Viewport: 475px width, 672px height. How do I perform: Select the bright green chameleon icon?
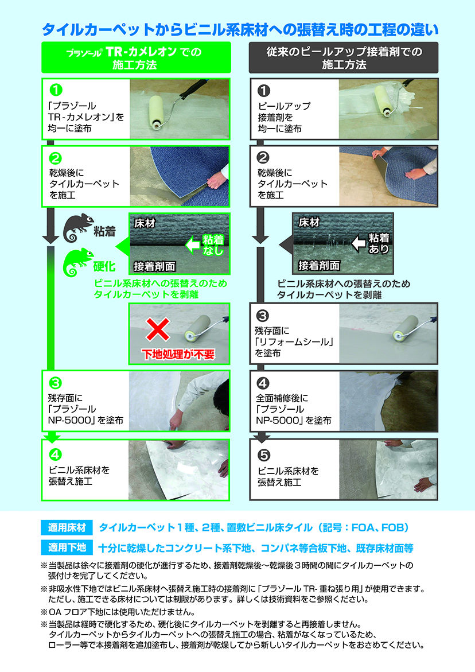[77, 262]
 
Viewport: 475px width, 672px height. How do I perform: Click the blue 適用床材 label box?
[67, 527]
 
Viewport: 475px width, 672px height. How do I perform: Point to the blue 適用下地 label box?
[67, 547]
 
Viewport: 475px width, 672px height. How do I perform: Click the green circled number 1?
[56, 90]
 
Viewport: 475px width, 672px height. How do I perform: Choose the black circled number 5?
[264, 455]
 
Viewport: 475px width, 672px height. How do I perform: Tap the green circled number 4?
[56, 455]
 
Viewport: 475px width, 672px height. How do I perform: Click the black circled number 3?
[262, 316]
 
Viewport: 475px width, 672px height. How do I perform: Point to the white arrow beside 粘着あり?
[359, 243]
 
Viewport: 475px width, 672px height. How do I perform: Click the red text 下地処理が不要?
[178, 355]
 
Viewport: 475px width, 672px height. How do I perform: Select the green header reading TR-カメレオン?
[136, 58]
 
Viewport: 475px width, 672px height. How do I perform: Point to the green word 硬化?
[104, 267]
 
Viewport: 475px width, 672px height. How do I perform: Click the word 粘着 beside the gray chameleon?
[105, 232]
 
